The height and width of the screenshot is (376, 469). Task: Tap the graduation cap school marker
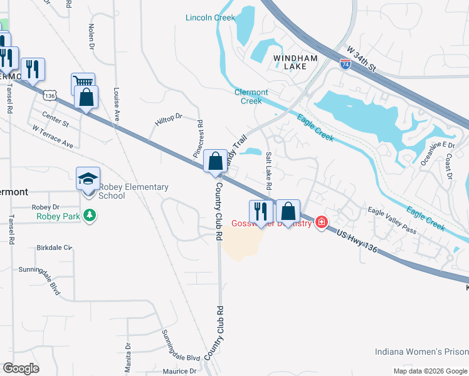coord(88,179)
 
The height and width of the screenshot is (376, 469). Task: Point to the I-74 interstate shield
coord(345,63)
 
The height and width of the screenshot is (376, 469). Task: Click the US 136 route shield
coord(51,95)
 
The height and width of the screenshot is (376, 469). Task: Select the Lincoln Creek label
coord(209,18)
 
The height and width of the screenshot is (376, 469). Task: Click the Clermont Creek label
coord(251,97)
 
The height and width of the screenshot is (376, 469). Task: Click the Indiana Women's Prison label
coord(421,352)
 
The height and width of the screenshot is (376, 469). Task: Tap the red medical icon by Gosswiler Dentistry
coord(322,222)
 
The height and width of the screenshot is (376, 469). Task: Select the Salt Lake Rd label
coord(268,171)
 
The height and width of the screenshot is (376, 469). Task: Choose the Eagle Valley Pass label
coord(392,220)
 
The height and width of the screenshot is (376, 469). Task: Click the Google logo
coord(21,368)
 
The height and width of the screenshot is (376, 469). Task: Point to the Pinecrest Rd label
coord(198,138)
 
